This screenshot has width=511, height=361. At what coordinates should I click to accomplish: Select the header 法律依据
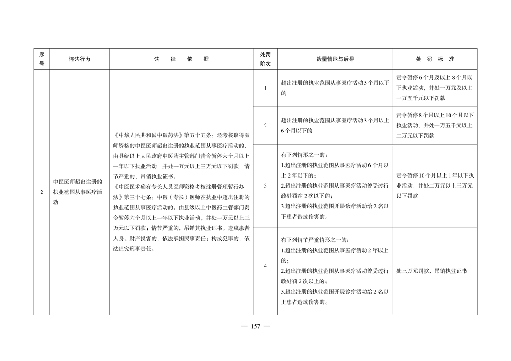[x=181, y=59]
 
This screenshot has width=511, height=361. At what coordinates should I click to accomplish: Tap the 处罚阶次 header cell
[x=265, y=59]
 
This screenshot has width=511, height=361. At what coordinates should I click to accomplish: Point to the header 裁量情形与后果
[x=335, y=59]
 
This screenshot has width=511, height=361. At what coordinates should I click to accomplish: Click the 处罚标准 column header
[x=434, y=59]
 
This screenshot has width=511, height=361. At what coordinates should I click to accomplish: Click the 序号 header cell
[x=41, y=59]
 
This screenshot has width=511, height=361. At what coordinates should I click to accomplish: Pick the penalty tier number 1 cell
[x=265, y=88]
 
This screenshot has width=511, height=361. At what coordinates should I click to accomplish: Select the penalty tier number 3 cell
[x=265, y=186]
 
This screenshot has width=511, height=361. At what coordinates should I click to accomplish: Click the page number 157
[x=255, y=326]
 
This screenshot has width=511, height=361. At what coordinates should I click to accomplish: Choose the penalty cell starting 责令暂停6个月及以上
[x=434, y=88]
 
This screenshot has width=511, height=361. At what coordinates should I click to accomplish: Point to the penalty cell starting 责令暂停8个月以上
[x=434, y=125]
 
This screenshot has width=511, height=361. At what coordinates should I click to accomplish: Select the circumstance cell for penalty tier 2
[x=335, y=126]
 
